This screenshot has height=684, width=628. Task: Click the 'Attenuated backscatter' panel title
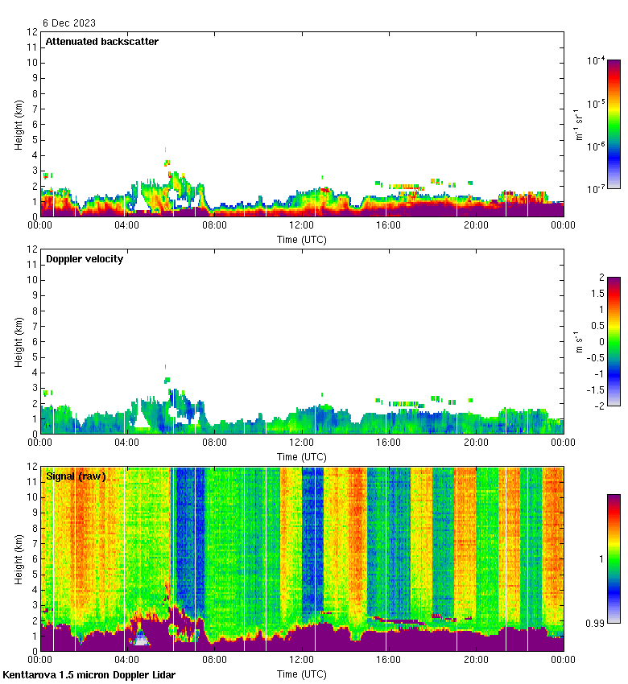(x=101, y=42)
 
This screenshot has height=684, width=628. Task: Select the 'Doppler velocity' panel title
(x=85, y=259)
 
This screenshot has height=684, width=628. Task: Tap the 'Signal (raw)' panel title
(x=76, y=476)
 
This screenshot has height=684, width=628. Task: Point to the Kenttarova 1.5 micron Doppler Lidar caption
(x=89, y=674)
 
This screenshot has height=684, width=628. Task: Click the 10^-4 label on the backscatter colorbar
(x=596, y=60)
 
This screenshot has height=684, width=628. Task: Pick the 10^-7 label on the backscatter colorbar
(x=596, y=189)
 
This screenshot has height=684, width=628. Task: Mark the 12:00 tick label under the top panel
(x=302, y=226)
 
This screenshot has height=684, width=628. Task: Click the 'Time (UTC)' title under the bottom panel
(x=302, y=674)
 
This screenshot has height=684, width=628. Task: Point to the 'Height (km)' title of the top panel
(x=19, y=125)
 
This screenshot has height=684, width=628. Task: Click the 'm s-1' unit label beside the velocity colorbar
(x=580, y=342)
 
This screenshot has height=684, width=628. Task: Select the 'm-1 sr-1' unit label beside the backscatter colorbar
(x=580, y=125)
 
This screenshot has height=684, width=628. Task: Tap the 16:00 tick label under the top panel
(x=389, y=226)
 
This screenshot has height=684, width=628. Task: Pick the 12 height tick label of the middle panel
(x=33, y=249)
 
